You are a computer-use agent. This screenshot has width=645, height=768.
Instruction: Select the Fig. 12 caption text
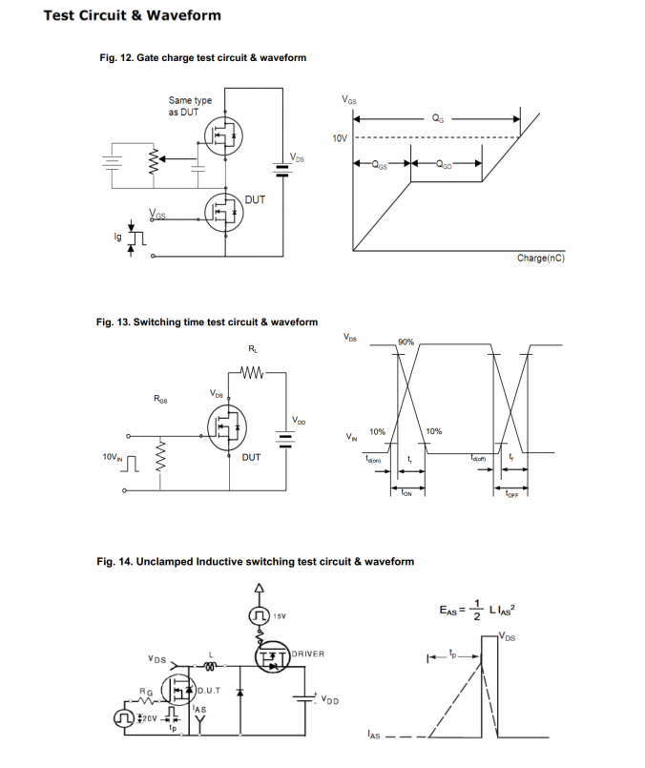click(x=202, y=58)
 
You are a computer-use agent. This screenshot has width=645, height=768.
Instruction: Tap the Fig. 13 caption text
click(x=207, y=322)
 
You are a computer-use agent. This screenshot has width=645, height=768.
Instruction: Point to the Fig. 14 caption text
click(x=255, y=561)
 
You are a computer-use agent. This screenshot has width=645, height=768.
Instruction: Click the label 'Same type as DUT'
click(x=190, y=106)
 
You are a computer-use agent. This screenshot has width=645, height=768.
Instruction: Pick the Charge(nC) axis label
click(x=540, y=259)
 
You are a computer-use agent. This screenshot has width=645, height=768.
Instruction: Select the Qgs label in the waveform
click(x=381, y=163)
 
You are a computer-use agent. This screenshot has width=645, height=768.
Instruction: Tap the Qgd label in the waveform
click(x=445, y=163)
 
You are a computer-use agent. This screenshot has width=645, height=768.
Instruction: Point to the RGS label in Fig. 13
click(x=161, y=399)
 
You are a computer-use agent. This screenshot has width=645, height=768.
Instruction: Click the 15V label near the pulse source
click(x=281, y=616)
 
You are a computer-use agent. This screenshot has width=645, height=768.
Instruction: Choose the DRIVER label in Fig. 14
click(x=307, y=654)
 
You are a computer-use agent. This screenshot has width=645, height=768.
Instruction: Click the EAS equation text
click(x=480, y=608)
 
